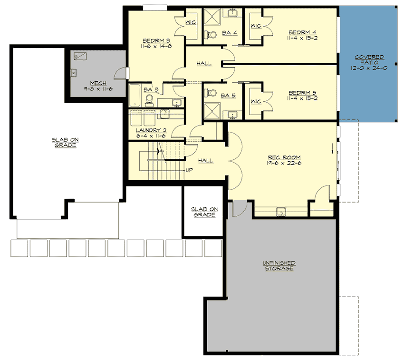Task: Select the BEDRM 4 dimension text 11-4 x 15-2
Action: click(x=303, y=39)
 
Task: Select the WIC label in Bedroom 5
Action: click(x=256, y=101)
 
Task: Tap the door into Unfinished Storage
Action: click(x=239, y=208)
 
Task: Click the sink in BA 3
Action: click(x=176, y=102)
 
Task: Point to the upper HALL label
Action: click(x=204, y=64)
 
